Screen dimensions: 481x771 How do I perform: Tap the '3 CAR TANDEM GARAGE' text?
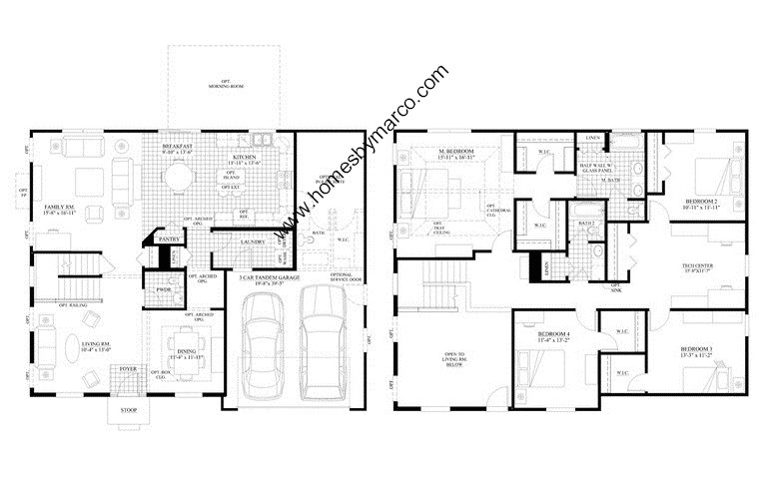(264, 276)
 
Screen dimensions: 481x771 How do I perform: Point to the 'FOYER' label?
(128, 369)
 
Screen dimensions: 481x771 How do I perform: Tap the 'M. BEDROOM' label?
(456, 152)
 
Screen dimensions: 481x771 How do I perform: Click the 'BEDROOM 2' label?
(700, 203)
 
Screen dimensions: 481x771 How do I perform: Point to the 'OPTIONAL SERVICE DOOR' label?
(343, 274)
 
